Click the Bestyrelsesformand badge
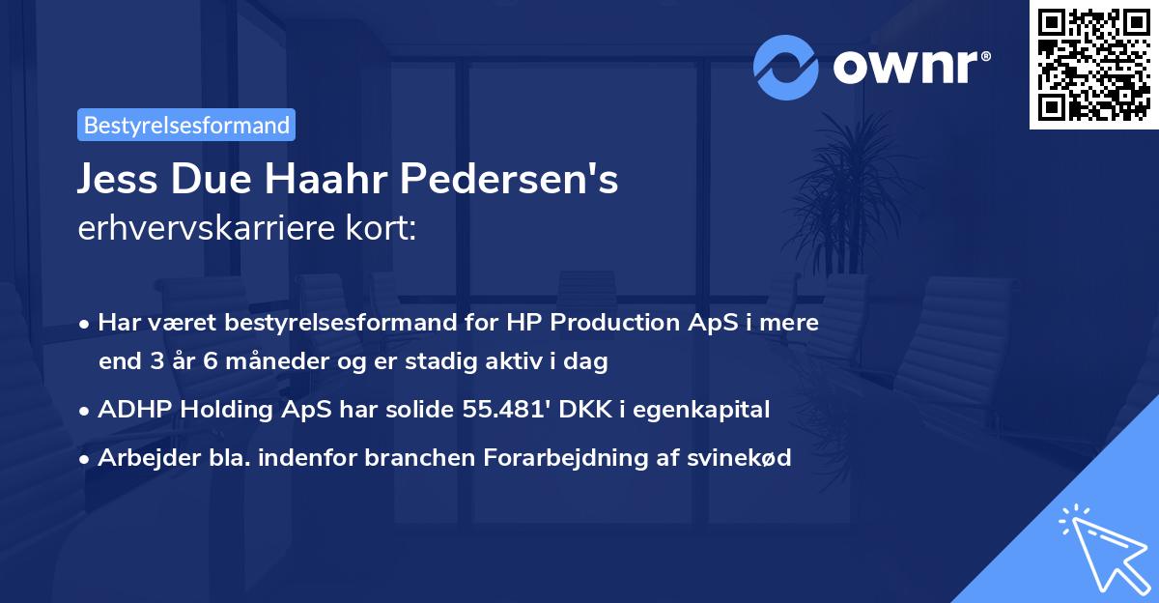click(x=186, y=125)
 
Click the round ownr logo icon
click(x=786, y=67)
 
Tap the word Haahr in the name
click(x=331, y=180)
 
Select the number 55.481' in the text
click(x=500, y=410)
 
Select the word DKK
click(x=575, y=410)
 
